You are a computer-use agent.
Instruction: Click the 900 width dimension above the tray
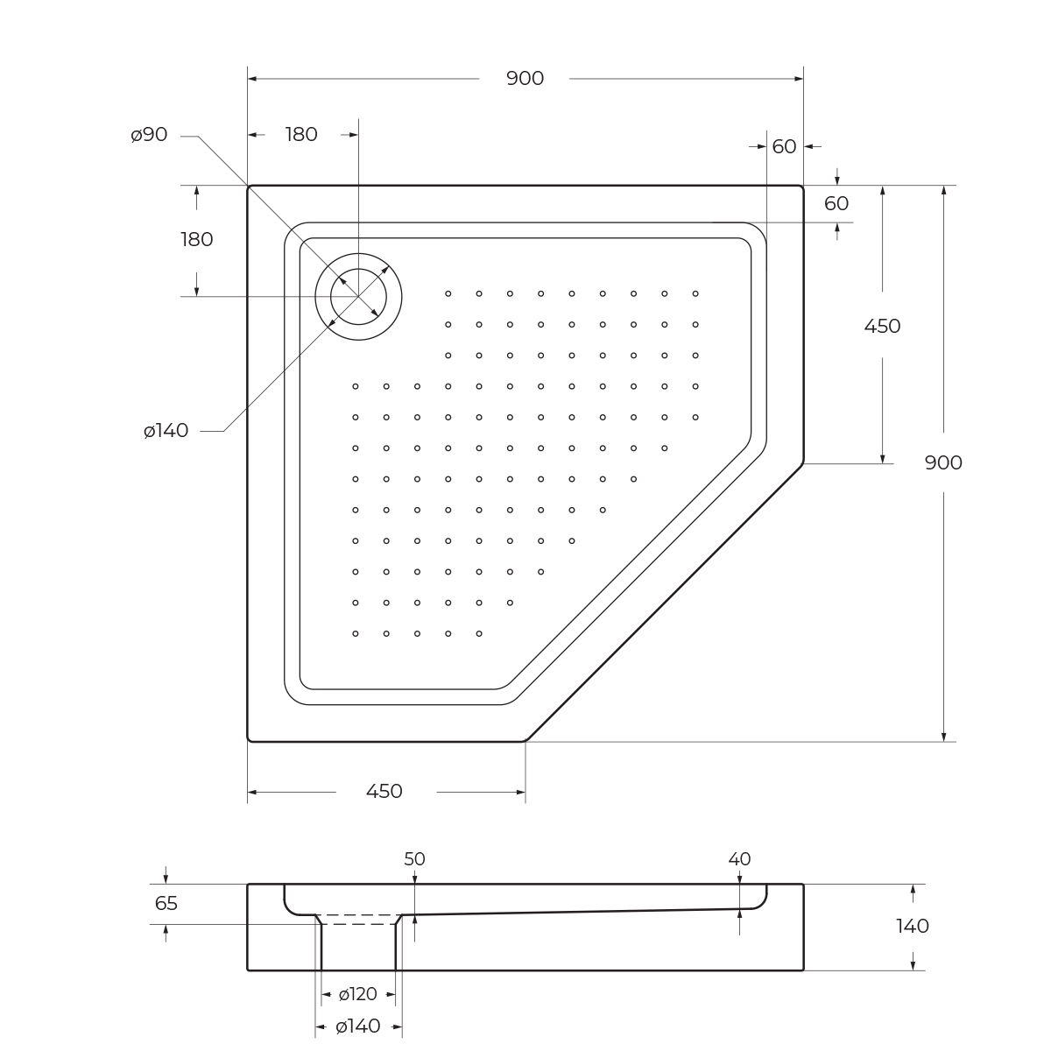coord(525,79)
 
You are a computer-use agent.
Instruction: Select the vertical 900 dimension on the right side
coord(943,462)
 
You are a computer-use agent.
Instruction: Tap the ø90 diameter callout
coord(149,135)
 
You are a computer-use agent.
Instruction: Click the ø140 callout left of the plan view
coord(166,431)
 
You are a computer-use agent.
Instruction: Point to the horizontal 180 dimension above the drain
coord(301,134)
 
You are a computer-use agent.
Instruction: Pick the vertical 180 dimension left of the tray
coord(197,239)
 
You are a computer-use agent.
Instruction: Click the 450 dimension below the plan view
coord(384,791)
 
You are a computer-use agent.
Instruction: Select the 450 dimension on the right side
coord(882,326)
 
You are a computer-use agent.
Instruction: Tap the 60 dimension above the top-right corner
coord(784,146)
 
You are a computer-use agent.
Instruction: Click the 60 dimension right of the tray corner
coord(836,203)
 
